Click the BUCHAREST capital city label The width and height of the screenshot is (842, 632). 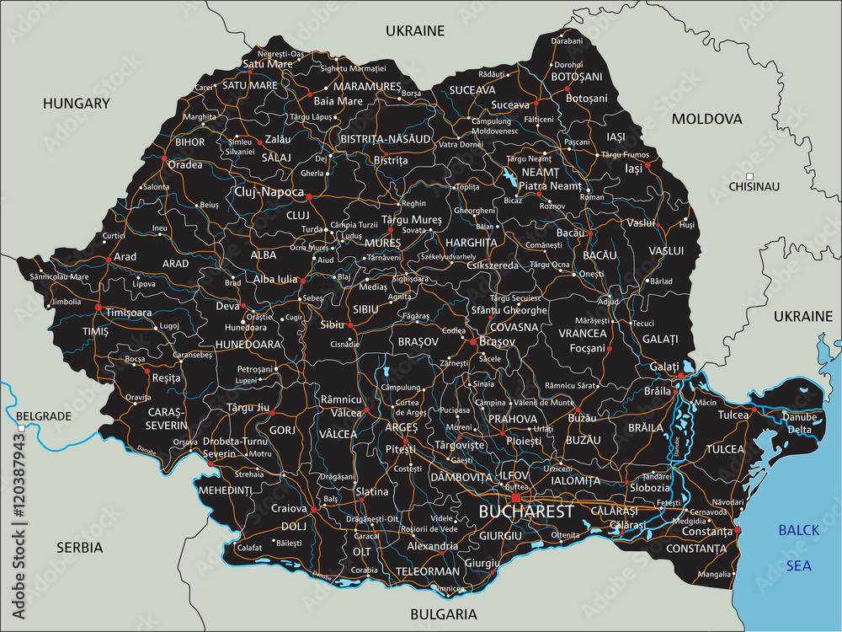[526, 511]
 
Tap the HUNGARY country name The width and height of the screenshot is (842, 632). [77, 104]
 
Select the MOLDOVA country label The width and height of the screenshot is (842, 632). [706, 119]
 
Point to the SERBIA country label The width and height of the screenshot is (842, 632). [79, 548]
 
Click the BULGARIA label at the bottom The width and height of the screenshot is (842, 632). [443, 614]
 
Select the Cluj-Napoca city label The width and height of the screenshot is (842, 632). [269, 192]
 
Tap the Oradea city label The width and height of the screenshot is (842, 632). [185, 164]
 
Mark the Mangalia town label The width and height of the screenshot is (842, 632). [715, 574]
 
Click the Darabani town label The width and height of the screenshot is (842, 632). [566, 40]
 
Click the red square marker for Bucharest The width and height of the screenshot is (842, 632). [515, 497]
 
